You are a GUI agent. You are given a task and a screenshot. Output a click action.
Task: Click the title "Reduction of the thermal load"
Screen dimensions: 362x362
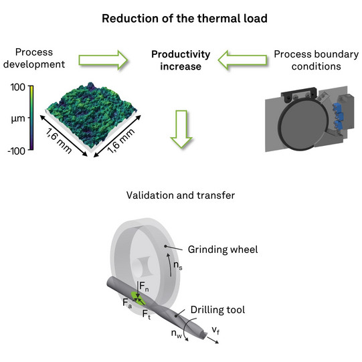(x=185, y=19)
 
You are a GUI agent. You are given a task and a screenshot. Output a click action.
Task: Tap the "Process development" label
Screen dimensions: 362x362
(x=34, y=58)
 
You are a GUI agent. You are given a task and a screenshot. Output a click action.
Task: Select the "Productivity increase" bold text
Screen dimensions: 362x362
(x=181, y=60)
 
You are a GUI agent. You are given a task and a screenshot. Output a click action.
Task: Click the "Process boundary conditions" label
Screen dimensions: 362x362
(x=316, y=60)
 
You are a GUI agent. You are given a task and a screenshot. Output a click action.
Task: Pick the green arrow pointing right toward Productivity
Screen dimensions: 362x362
(x=103, y=60)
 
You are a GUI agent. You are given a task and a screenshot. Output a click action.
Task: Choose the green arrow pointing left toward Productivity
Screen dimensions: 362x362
(x=242, y=60)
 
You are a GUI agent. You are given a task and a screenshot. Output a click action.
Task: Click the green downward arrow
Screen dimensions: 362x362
(x=181, y=129)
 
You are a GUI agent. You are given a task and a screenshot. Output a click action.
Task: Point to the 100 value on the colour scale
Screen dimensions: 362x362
(x=18, y=87)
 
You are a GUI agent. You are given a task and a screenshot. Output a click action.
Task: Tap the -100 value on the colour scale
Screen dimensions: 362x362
(x=16, y=151)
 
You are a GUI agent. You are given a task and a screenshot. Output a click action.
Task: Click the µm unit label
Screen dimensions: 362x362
(x=18, y=118)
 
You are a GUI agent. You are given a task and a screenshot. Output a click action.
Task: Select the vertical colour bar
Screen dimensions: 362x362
(x=31, y=118)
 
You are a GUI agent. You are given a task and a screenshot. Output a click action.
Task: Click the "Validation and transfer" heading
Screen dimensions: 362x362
(x=181, y=195)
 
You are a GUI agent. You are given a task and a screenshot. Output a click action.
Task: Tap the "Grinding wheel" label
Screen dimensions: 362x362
(x=223, y=250)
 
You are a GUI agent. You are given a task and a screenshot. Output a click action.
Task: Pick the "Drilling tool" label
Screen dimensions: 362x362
(x=217, y=310)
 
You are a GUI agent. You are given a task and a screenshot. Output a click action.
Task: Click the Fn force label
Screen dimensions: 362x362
(x=144, y=287)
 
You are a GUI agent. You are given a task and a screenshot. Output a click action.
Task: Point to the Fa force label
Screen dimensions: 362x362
(x=127, y=303)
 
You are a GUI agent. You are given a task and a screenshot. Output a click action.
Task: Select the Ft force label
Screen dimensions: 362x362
(x=147, y=314)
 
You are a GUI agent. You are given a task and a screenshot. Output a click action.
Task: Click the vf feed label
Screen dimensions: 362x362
(x=215, y=331)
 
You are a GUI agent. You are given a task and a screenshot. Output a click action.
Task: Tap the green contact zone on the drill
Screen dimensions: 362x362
(x=138, y=298)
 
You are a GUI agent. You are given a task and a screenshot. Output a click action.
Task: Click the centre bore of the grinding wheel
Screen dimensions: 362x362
(x=143, y=268)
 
